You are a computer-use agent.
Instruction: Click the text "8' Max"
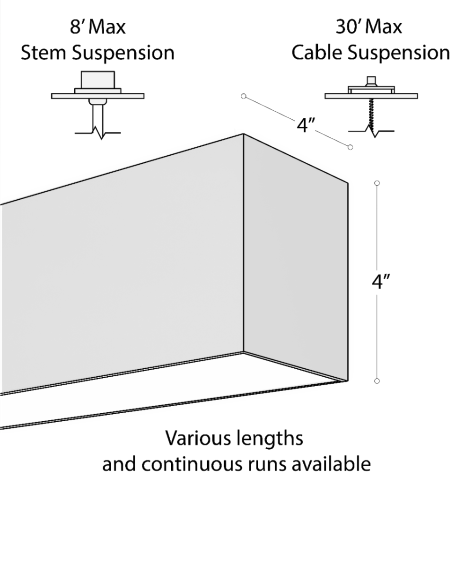click(x=98, y=27)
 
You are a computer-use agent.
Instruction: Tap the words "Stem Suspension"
click(x=98, y=53)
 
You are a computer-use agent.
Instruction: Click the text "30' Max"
click(x=369, y=27)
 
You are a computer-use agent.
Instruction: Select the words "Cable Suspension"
click(x=370, y=53)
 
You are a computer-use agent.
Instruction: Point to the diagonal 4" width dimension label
click(x=306, y=126)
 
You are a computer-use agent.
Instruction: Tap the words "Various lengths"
click(x=234, y=439)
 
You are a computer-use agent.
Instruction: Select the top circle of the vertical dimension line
click(x=377, y=183)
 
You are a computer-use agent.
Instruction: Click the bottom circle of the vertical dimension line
click(x=377, y=381)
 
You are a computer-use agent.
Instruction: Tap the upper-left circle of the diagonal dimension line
click(x=244, y=96)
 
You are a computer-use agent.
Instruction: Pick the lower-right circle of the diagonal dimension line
click(x=350, y=147)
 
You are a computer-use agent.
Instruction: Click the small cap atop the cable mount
click(x=371, y=80)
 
